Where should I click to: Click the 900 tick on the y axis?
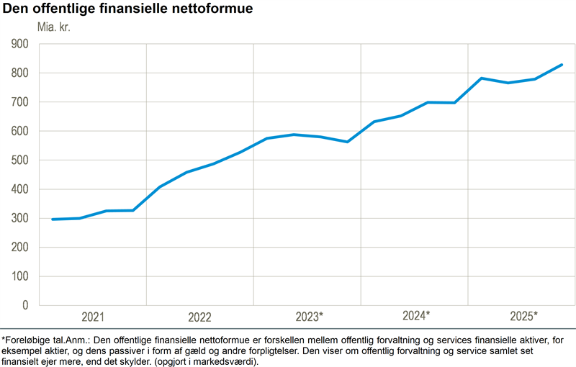pyautogui.click(x=19, y=44)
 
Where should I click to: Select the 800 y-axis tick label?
pyautogui.click(x=19, y=73)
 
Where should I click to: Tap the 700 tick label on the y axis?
pyautogui.click(x=19, y=102)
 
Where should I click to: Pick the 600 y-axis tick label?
pyautogui.click(x=19, y=132)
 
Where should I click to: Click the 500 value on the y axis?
pyautogui.click(x=19, y=160)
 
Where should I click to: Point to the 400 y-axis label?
pyautogui.click(x=19, y=190)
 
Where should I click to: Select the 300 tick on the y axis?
pyautogui.click(x=19, y=219)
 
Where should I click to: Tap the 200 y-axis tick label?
pyautogui.click(x=19, y=248)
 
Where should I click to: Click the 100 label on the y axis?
pyautogui.click(x=19, y=277)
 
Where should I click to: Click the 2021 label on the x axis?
pyautogui.click(x=93, y=317)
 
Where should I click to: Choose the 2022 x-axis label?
pyautogui.click(x=199, y=317)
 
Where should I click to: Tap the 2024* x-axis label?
pyautogui.click(x=416, y=316)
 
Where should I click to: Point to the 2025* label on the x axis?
pyautogui.click(x=523, y=316)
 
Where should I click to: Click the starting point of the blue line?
pyautogui.click(x=53, y=219)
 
